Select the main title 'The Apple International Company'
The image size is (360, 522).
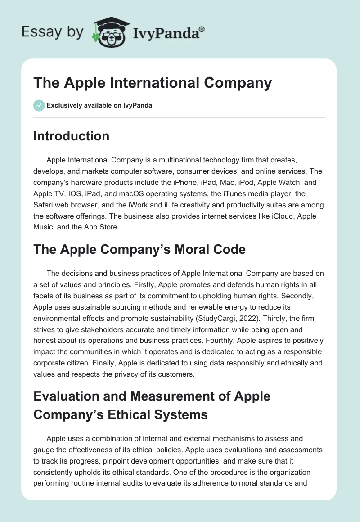[x=153, y=83]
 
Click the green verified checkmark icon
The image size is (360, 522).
[x=39, y=105]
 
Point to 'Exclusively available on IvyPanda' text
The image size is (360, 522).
[x=99, y=106]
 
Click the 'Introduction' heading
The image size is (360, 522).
[x=71, y=136]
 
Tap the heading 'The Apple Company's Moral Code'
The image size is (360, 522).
[x=139, y=249]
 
